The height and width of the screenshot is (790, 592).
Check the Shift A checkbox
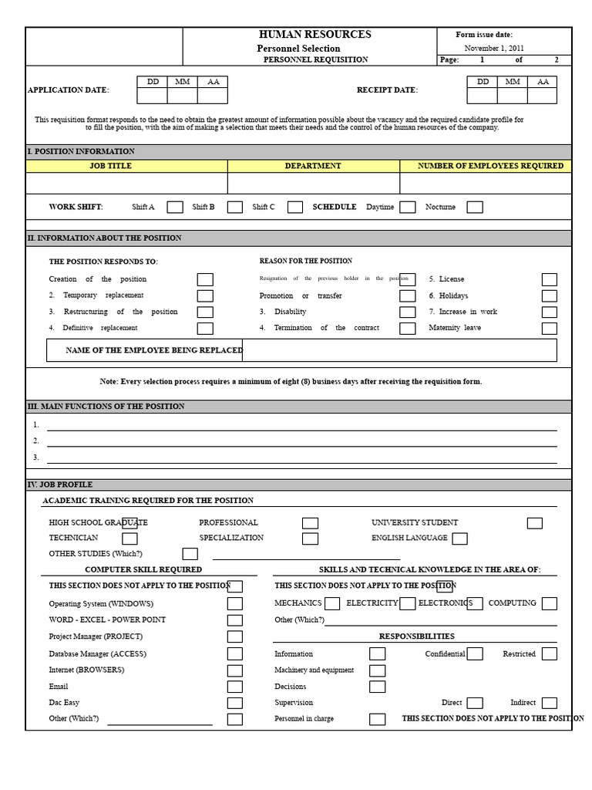click(175, 207)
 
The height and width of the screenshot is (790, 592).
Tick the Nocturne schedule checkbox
click(475, 207)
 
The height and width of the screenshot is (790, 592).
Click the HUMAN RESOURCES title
click(314, 35)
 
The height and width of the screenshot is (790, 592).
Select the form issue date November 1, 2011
click(493, 48)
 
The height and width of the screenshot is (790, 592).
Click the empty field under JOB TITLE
click(126, 183)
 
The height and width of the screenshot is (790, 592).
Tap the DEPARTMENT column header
click(313, 166)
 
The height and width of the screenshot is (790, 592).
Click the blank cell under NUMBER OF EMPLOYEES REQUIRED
click(486, 183)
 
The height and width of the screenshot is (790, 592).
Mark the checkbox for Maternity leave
click(549, 328)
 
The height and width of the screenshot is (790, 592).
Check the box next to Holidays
click(549, 295)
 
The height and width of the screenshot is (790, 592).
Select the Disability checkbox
click(407, 312)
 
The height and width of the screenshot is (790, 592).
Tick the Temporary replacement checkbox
click(205, 295)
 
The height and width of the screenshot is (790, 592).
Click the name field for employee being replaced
click(399, 350)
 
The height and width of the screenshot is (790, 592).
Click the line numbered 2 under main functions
click(301, 441)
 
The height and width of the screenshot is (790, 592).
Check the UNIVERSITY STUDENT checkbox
click(534, 523)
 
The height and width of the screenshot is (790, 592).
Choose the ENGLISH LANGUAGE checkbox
click(459, 538)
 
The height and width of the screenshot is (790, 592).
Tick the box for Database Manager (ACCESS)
click(234, 653)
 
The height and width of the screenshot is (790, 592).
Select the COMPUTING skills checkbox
click(549, 603)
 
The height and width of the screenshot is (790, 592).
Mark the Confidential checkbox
click(475, 653)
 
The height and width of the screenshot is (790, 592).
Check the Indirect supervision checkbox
click(549, 703)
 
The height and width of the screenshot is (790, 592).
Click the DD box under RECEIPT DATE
click(483, 96)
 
